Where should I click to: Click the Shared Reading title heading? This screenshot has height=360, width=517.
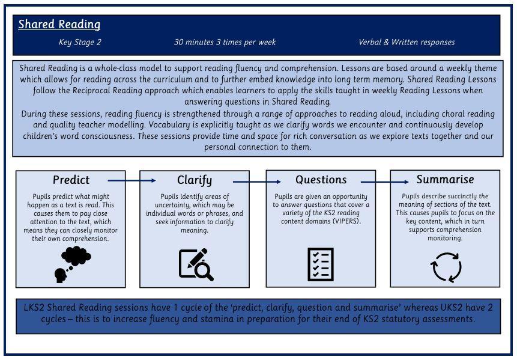59,25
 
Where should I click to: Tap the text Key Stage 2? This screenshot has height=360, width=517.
80,42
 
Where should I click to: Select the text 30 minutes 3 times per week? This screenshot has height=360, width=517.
225,42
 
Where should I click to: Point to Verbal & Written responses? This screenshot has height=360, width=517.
407,42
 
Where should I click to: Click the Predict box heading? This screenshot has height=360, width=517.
71,180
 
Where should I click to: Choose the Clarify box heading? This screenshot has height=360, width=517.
195,180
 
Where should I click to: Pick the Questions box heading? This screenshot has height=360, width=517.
321,180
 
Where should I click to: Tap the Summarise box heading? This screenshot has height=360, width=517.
445,179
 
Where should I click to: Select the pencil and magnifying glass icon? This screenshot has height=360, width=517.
196,264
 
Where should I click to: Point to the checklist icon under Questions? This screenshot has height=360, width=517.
321,264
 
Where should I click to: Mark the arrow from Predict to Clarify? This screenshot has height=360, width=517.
132,180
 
